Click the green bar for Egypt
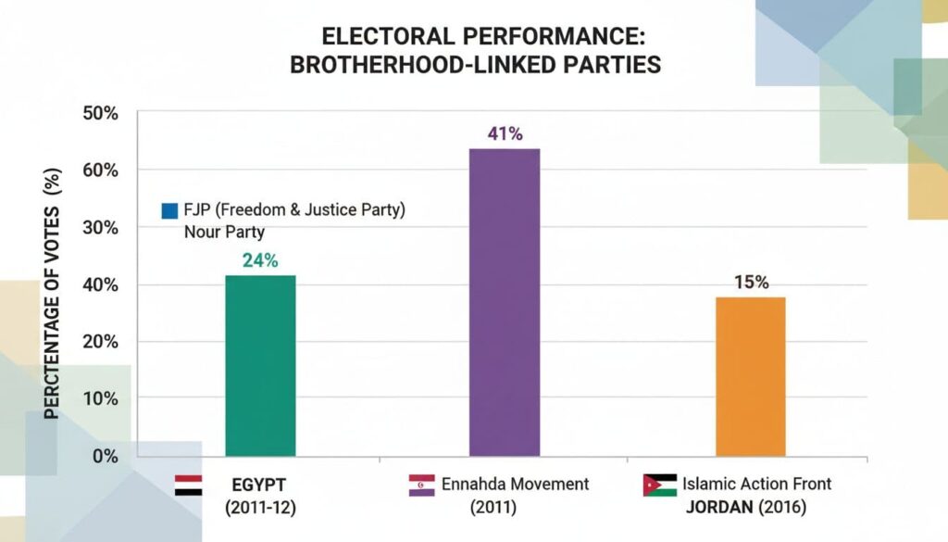260,365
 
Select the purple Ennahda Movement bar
505,302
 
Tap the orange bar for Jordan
750,376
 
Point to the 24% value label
260,260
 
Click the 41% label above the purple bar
505,133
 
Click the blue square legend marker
168,211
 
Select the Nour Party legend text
224,232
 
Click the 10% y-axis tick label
101,398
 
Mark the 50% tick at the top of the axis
101,113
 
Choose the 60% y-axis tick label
101,170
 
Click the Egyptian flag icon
188,485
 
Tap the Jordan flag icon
659,485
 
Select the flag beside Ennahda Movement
421,485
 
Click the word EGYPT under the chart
259,484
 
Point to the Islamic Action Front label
756,484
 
